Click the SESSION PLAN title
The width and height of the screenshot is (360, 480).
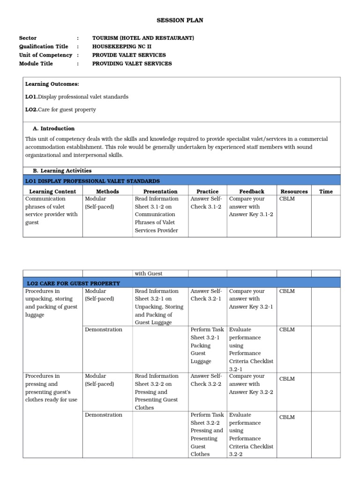pyautogui.click(x=180, y=21)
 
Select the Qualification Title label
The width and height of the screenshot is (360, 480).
pyautogui.click(x=44, y=46)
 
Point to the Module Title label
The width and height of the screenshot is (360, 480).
pyautogui.click(x=36, y=63)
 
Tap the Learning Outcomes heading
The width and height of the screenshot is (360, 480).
pyautogui.click(x=52, y=84)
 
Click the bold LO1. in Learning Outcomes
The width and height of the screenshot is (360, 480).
pyautogui.click(x=31, y=97)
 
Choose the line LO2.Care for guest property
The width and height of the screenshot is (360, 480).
pyautogui.click(x=60, y=110)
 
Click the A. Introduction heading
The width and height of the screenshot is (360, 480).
pyautogui.click(x=53, y=128)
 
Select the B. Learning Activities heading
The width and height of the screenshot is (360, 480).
pyautogui.click(x=62, y=171)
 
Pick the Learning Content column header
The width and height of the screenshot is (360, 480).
pyautogui.click(x=52, y=191)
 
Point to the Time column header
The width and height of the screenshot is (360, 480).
pyautogui.click(x=326, y=191)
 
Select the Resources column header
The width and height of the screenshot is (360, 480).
pyautogui.click(x=294, y=191)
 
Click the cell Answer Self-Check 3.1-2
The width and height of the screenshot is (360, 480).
pyautogui.click(x=206, y=202)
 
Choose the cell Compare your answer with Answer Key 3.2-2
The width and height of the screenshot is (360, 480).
pyautogui.click(x=251, y=384)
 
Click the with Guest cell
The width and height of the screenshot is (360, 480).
pyautogui.click(x=149, y=273)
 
